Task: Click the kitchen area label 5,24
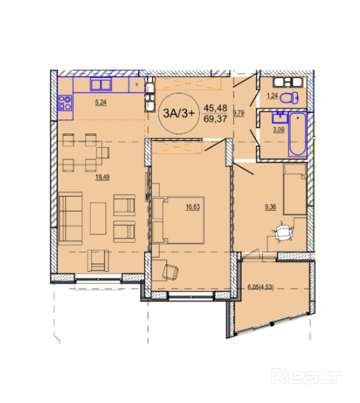pyautogui.click(x=101, y=102)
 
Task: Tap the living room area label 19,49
pyautogui.click(x=102, y=177)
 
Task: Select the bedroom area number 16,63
pyautogui.click(x=193, y=207)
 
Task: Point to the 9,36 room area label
pyautogui.click(x=270, y=207)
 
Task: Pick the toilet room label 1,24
pyautogui.click(x=272, y=96)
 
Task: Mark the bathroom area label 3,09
pyautogui.click(x=278, y=130)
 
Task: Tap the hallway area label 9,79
pyautogui.click(x=239, y=113)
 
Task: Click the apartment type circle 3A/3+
pyautogui.click(x=179, y=114)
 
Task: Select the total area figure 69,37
pyautogui.click(x=215, y=119)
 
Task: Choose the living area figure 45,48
pyautogui.click(x=215, y=108)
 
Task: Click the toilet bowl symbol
pyautogui.click(x=289, y=98)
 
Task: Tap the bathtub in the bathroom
pyautogui.click(x=298, y=134)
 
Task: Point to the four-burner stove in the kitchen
pyautogui.click(x=65, y=103)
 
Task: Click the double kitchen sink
pyautogui.click(x=101, y=85)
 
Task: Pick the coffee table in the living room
pyautogui.click(x=98, y=218)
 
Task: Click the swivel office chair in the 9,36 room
pyautogui.click(x=283, y=232)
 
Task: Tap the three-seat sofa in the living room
pyautogui.click(x=71, y=218)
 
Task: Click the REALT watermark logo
pyautogui.click(x=307, y=377)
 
